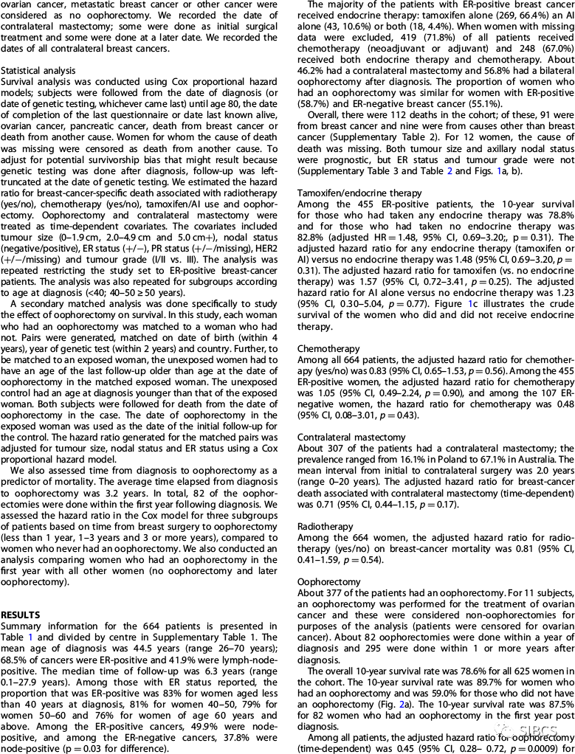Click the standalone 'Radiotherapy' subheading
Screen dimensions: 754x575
point(320,507)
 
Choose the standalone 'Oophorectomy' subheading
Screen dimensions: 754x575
point(320,560)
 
